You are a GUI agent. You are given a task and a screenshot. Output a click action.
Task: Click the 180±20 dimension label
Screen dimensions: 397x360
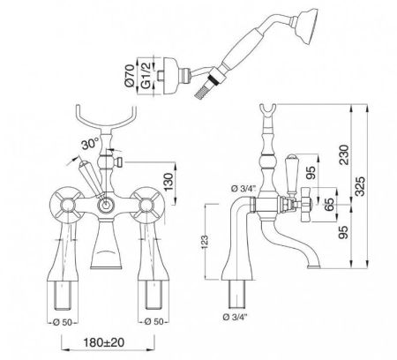pos(103,342)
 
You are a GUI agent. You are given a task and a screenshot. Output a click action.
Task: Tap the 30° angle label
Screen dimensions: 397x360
pos(90,145)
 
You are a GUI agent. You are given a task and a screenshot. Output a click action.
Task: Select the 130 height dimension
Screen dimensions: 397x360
pos(169,182)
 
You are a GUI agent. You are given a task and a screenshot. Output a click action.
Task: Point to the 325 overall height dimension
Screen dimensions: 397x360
pos(360,186)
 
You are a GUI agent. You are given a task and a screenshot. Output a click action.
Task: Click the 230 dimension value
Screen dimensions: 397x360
pos(344,154)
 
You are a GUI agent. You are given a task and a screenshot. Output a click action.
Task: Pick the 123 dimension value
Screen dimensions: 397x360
pos(206,242)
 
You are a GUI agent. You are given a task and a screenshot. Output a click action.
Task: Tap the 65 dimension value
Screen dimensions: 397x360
pos(330,205)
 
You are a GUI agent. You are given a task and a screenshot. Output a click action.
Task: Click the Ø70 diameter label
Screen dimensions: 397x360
pos(130,75)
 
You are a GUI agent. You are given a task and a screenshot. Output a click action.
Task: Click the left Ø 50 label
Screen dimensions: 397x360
pos(63,322)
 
